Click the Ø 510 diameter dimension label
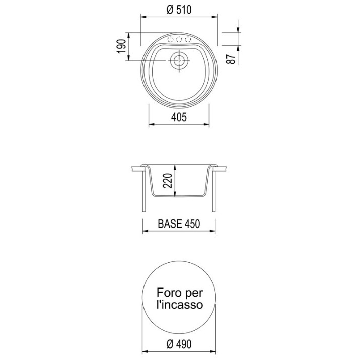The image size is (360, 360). [x=179, y=10]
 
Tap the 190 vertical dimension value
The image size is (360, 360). [x=121, y=47]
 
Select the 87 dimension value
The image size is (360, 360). [x=231, y=59]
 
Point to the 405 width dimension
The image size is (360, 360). [x=179, y=117]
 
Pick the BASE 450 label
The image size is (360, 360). [x=179, y=224]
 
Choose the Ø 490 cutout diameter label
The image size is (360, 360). [x=179, y=344]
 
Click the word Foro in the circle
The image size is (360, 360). [x=169, y=293]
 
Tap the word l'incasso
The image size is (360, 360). [x=180, y=305]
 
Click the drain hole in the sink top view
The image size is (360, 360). [x=179, y=60]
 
